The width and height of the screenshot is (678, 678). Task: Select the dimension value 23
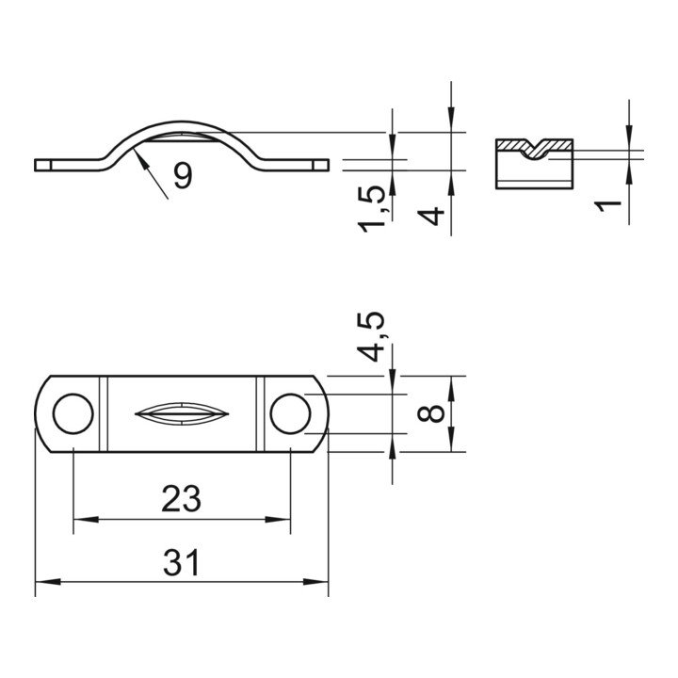(x=181, y=498)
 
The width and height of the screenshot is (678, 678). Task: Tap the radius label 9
(x=183, y=176)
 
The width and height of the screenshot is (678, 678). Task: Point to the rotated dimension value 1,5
(x=371, y=208)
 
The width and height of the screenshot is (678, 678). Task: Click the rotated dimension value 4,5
(x=371, y=336)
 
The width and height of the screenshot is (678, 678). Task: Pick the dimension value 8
(x=431, y=413)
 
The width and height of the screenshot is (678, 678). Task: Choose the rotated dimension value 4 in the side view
(x=431, y=216)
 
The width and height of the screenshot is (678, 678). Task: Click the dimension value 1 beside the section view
(x=607, y=206)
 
